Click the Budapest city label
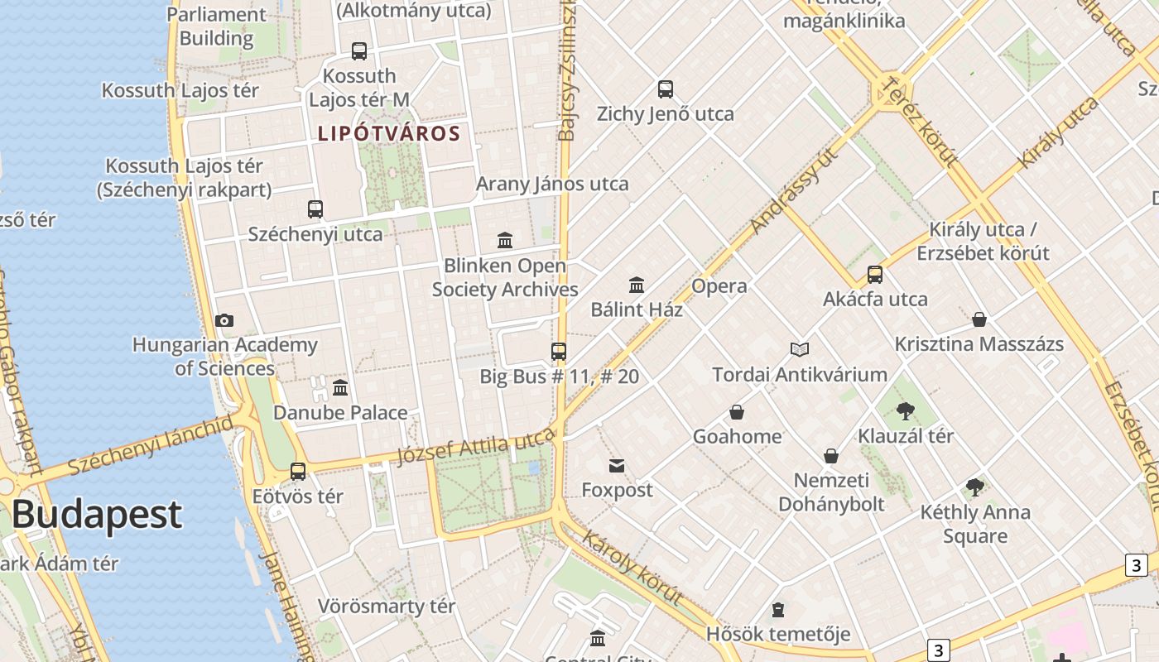coord(96,514)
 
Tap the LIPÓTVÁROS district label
coord(389,133)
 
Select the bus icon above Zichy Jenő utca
coord(666,89)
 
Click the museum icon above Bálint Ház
coord(637,285)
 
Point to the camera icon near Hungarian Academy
coord(224,321)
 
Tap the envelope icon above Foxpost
coord(617,466)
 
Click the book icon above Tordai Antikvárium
coord(800,350)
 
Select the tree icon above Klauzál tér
coord(906,411)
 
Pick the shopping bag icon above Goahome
coord(737,412)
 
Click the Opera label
coord(719,286)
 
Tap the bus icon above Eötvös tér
coord(298,472)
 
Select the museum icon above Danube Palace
coord(340,388)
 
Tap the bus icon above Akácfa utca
coord(875,275)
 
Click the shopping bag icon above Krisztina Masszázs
coord(979,319)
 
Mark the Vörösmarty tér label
coord(387,607)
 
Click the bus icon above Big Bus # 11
coord(559,352)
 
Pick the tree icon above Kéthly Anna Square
coord(975,487)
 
